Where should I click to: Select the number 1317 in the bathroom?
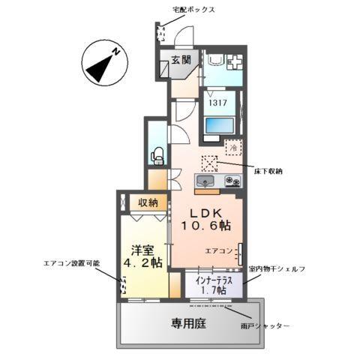(218, 104)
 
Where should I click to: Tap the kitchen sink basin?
(205, 181)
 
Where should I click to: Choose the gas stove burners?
(231, 181)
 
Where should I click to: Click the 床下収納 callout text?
(268, 172)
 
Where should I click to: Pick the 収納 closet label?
(148, 202)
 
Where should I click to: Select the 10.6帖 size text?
(203, 225)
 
